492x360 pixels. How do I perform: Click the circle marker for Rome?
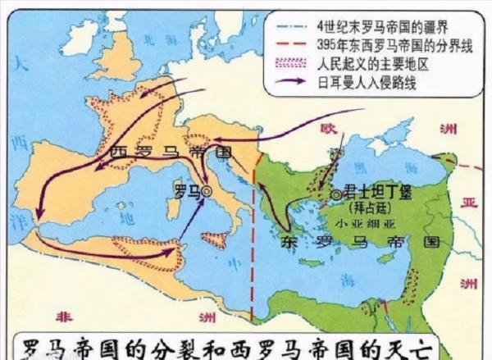coord(207,190)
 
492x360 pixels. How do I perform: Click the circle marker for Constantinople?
coord(338,194)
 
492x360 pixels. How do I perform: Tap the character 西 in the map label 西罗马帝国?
coord(115,153)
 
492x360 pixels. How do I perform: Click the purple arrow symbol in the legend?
coord(286,82)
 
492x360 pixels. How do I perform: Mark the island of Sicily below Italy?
coord(216,239)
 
